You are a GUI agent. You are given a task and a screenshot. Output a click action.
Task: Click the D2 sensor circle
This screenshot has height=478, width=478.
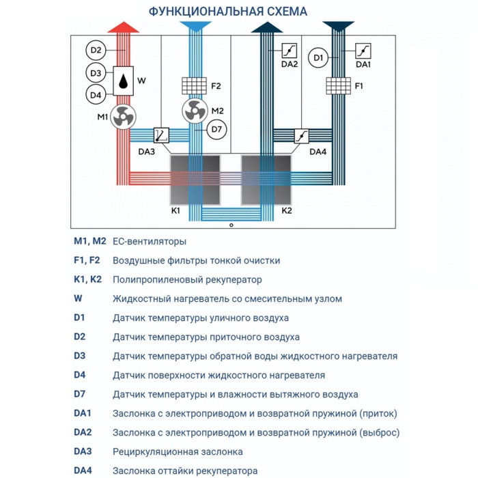tap(96, 50)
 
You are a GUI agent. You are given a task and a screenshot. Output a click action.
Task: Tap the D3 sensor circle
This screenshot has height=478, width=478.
tap(96, 72)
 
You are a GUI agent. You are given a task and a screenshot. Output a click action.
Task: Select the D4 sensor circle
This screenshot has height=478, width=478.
tap(96, 94)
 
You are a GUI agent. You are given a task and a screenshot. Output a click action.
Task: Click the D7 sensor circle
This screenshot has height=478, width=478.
tap(216, 128)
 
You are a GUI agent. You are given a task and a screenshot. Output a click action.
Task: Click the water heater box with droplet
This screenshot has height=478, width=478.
tap(123, 81)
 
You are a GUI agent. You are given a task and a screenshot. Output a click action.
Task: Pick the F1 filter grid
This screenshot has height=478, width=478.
tap(337, 87)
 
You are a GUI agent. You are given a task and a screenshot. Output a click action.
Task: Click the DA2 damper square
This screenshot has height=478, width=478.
tap(290, 50)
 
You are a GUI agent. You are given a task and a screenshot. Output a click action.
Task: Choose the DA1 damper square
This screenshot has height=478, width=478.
tap(363, 50)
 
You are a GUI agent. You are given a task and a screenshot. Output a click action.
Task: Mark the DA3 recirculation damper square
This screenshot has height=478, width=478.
tap(163, 135)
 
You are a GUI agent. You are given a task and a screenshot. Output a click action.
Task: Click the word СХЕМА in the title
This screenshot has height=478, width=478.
tap(276, 12)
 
